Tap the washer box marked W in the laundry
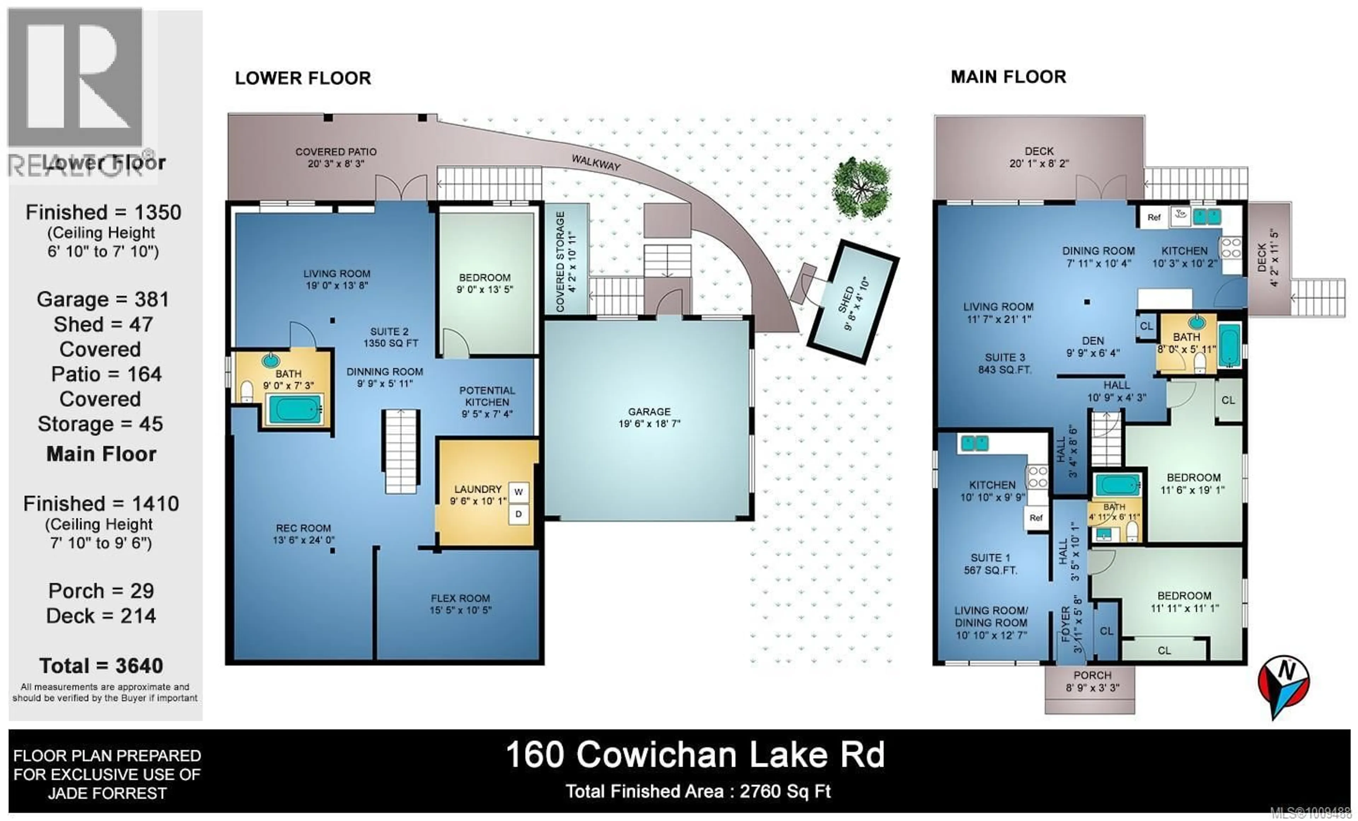pyautogui.click(x=518, y=492)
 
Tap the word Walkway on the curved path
pyautogui.click(x=596, y=163)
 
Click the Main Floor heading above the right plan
pyautogui.click(x=1008, y=77)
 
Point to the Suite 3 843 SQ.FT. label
pyautogui.click(x=1001, y=363)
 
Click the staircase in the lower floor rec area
pyautogui.click(x=401, y=451)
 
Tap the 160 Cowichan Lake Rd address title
pyautogui.click(x=695, y=755)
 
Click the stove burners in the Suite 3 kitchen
pyautogui.click(x=1231, y=248)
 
